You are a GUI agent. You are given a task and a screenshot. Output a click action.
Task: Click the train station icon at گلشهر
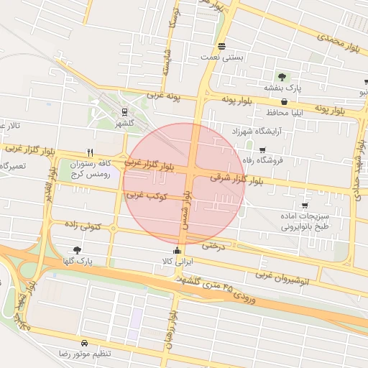pyautogui.click(x=124, y=112)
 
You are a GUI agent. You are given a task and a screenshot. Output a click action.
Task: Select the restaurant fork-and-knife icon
pyautogui.click(x=90, y=152)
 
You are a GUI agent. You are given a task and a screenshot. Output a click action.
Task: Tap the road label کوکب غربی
pyautogui.click(x=147, y=195)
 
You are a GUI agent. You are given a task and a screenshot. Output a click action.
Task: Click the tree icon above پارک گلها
pyautogui.click(x=77, y=249)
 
